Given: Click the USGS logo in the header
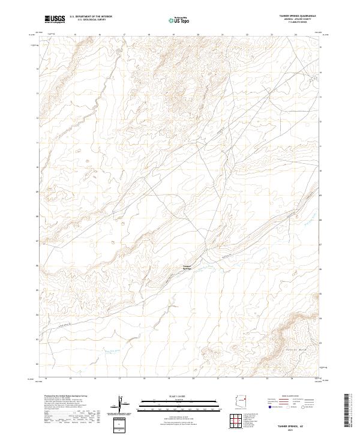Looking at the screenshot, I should click(x=55, y=19).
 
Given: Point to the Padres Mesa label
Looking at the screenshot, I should click(x=292, y=348).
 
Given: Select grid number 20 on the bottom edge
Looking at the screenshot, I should click(x=193, y=379).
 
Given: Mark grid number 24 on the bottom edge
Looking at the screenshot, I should click(x=292, y=379).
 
